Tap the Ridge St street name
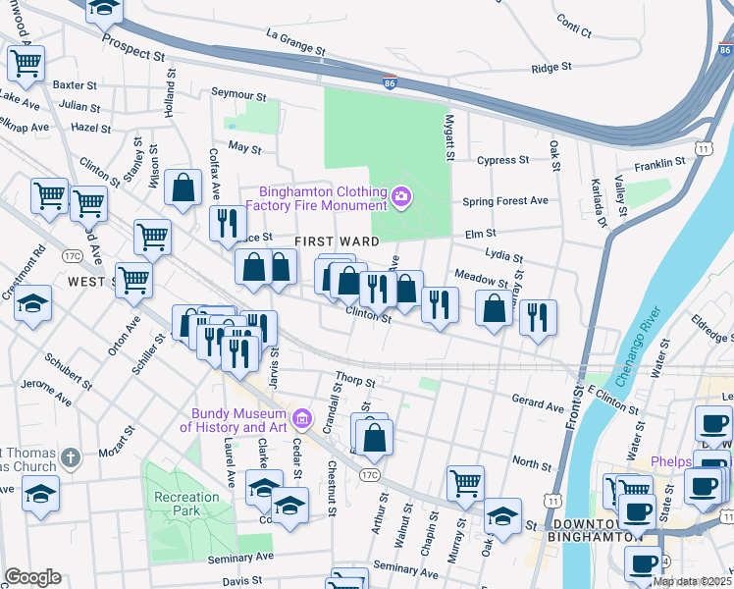tap(550, 68)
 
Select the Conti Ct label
tap(573, 26)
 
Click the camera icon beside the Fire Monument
tap(400, 198)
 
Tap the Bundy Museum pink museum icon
tap(302, 419)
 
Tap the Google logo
tap(32, 576)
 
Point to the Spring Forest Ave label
tap(505, 201)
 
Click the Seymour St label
tap(238, 95)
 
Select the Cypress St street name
tap(502, 159)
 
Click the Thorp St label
tap(348, 376)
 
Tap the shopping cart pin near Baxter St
tap(26, 64)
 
